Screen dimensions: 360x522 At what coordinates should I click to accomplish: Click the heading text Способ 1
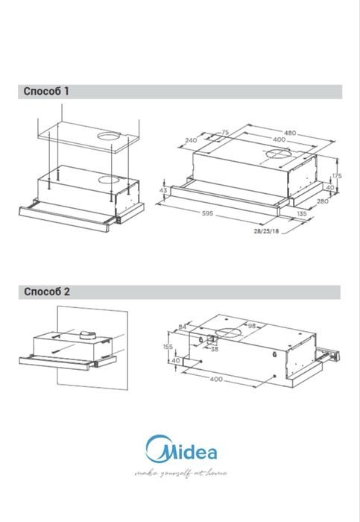(46, 92)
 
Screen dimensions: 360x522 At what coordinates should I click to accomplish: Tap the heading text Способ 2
(46, 292)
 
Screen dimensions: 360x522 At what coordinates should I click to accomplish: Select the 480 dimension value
(290, 133)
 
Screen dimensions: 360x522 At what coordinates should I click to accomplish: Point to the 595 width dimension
(208, 213)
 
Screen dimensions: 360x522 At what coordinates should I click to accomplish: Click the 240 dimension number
(191, 140)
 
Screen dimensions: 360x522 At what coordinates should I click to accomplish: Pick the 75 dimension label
(225, 133)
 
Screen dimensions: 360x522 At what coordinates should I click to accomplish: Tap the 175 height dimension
(337, 176)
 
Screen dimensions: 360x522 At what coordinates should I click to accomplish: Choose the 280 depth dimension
(323, 201)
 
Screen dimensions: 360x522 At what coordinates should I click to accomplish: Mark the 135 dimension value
(301, 214)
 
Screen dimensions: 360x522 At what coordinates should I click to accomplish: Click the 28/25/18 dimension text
(267, 231)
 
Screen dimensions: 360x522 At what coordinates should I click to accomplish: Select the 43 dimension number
(163, 191)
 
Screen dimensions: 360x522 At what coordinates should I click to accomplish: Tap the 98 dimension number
(252, 326)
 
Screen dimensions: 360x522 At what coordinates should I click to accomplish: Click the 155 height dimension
(168, 347)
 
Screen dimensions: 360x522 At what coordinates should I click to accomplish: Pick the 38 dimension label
(215, 349)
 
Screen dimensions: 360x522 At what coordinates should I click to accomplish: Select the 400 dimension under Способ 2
(216, 379)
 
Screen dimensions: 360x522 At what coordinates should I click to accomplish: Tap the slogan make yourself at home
(181, 473)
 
